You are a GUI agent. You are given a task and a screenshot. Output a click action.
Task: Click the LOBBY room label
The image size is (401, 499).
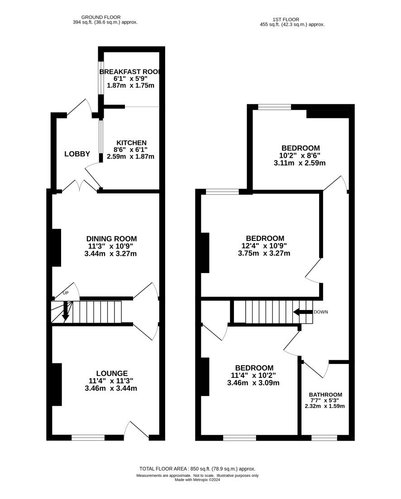coord(77,154)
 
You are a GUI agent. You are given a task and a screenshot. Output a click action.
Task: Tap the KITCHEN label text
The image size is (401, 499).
coord(131,143)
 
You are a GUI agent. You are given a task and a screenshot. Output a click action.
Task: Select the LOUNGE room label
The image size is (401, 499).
coord(112,373)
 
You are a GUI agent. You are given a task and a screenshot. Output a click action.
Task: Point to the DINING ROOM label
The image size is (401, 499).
coord(112,239)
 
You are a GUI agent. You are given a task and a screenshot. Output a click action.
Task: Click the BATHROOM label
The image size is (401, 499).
coord(325,395)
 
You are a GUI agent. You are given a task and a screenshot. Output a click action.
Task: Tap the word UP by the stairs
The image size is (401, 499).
coord(65,293)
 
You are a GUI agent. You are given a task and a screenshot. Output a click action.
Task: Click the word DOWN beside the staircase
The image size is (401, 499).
coord(321,312)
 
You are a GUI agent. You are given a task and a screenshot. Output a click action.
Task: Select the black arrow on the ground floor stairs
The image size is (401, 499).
coord(65,311)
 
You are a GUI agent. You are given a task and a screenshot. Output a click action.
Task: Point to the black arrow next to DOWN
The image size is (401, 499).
coord(302,312)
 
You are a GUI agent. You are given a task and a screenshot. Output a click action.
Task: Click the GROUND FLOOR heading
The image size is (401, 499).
coord(101,17)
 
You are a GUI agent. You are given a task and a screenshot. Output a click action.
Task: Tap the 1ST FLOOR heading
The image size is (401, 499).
coord(286,19)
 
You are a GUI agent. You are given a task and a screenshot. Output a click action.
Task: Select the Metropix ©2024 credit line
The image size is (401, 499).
coord(197,480)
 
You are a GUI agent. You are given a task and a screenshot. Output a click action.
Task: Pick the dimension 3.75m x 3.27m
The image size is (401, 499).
coord(264,254)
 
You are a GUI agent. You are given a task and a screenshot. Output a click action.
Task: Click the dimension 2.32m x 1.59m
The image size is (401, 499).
coord(325,406)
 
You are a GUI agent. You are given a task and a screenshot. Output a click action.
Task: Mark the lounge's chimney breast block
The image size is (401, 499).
coord(57,385)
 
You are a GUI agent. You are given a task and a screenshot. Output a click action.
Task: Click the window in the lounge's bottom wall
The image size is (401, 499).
coord(88,438)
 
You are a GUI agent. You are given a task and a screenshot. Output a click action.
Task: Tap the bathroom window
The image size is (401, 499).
coord(324,438)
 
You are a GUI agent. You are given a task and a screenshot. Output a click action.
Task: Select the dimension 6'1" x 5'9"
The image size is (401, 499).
coord(131,79)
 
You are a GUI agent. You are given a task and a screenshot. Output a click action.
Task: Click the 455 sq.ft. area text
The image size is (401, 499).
coord(292,24)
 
